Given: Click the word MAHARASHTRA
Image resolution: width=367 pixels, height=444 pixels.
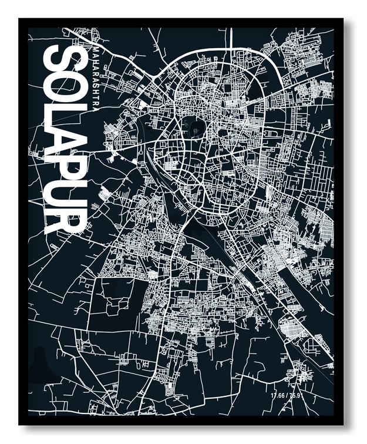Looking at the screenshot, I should coord(96,79).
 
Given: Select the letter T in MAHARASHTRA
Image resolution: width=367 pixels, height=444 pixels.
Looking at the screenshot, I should coord(96,97).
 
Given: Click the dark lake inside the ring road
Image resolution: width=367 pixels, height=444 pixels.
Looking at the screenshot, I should coord(191,126).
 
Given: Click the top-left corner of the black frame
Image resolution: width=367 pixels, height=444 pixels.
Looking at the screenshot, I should coord(19,19).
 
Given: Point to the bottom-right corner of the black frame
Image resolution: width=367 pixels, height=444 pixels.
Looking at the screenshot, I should coord(343,424).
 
